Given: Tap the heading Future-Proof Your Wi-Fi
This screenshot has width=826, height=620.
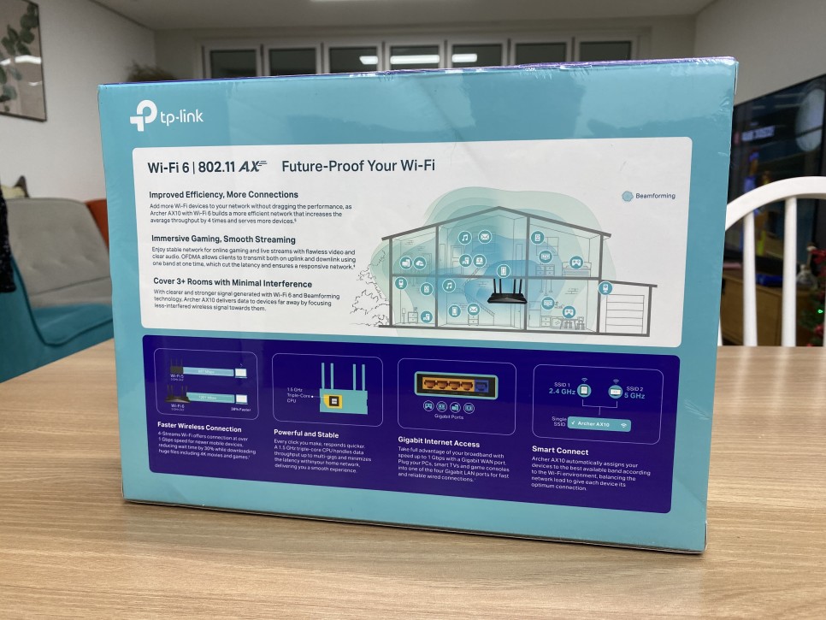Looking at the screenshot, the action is point(357,165).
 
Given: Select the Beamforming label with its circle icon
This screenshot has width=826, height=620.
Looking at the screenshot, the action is point(649,196).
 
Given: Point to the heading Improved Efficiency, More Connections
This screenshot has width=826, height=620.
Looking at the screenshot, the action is point(223,195).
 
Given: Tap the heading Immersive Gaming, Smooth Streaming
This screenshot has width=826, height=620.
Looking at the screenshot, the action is point(223,239).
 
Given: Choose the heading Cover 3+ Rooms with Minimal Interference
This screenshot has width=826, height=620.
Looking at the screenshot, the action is point(231,283).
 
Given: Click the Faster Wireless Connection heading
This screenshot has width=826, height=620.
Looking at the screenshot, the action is point(199,428).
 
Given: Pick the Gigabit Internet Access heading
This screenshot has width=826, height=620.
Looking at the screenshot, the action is point(439,444).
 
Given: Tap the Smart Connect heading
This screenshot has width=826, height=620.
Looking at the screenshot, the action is point(561,450).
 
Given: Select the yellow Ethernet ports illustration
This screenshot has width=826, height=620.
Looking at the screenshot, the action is point(453,384).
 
